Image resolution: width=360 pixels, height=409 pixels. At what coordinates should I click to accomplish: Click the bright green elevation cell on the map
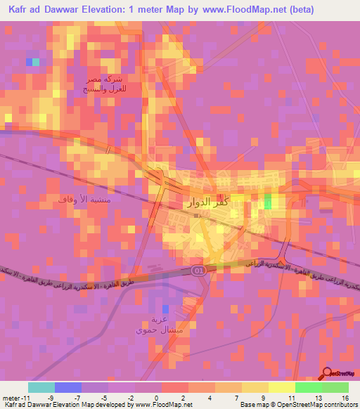(x=267, y=202)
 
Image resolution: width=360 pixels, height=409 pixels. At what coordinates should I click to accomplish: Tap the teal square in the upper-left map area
(x=36, y=62)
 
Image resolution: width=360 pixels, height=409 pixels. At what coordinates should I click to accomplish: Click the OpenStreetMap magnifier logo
(x=327, y=375)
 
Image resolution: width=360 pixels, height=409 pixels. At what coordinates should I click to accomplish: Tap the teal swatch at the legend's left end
(x=41, y=387)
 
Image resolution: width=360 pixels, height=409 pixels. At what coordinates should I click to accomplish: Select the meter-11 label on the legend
(x=15, y=397)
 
